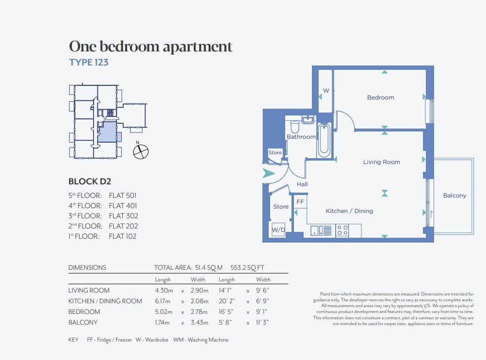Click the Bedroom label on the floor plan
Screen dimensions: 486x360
(x=381, y=98)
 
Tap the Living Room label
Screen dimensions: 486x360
(x=382, y=162)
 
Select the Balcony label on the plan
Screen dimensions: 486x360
(x=454, y=196)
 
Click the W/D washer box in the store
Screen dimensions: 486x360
(x=278, y=230)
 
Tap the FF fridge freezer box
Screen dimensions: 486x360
(x=300, y=202)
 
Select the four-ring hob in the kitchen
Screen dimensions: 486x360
(x=342, y=230)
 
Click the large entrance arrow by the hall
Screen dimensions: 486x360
(x=269, y=173)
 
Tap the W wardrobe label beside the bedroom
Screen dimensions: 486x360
(x=326, y=91)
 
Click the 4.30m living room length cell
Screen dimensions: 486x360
(x=164, y=291)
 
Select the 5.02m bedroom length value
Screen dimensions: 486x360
(x=163, y=311)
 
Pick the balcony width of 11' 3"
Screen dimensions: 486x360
(x=262, y=323)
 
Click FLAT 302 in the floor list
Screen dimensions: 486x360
(x=123, y=216)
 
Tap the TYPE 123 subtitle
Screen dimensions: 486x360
(x=89, y=62)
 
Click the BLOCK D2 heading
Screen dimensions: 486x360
(x=90, y=181)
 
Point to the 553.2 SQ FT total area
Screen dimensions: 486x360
(x=247, y=268)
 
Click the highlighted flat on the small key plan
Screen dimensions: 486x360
(x=108, y=132)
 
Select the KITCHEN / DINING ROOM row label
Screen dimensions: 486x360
(x=105, y=301)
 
